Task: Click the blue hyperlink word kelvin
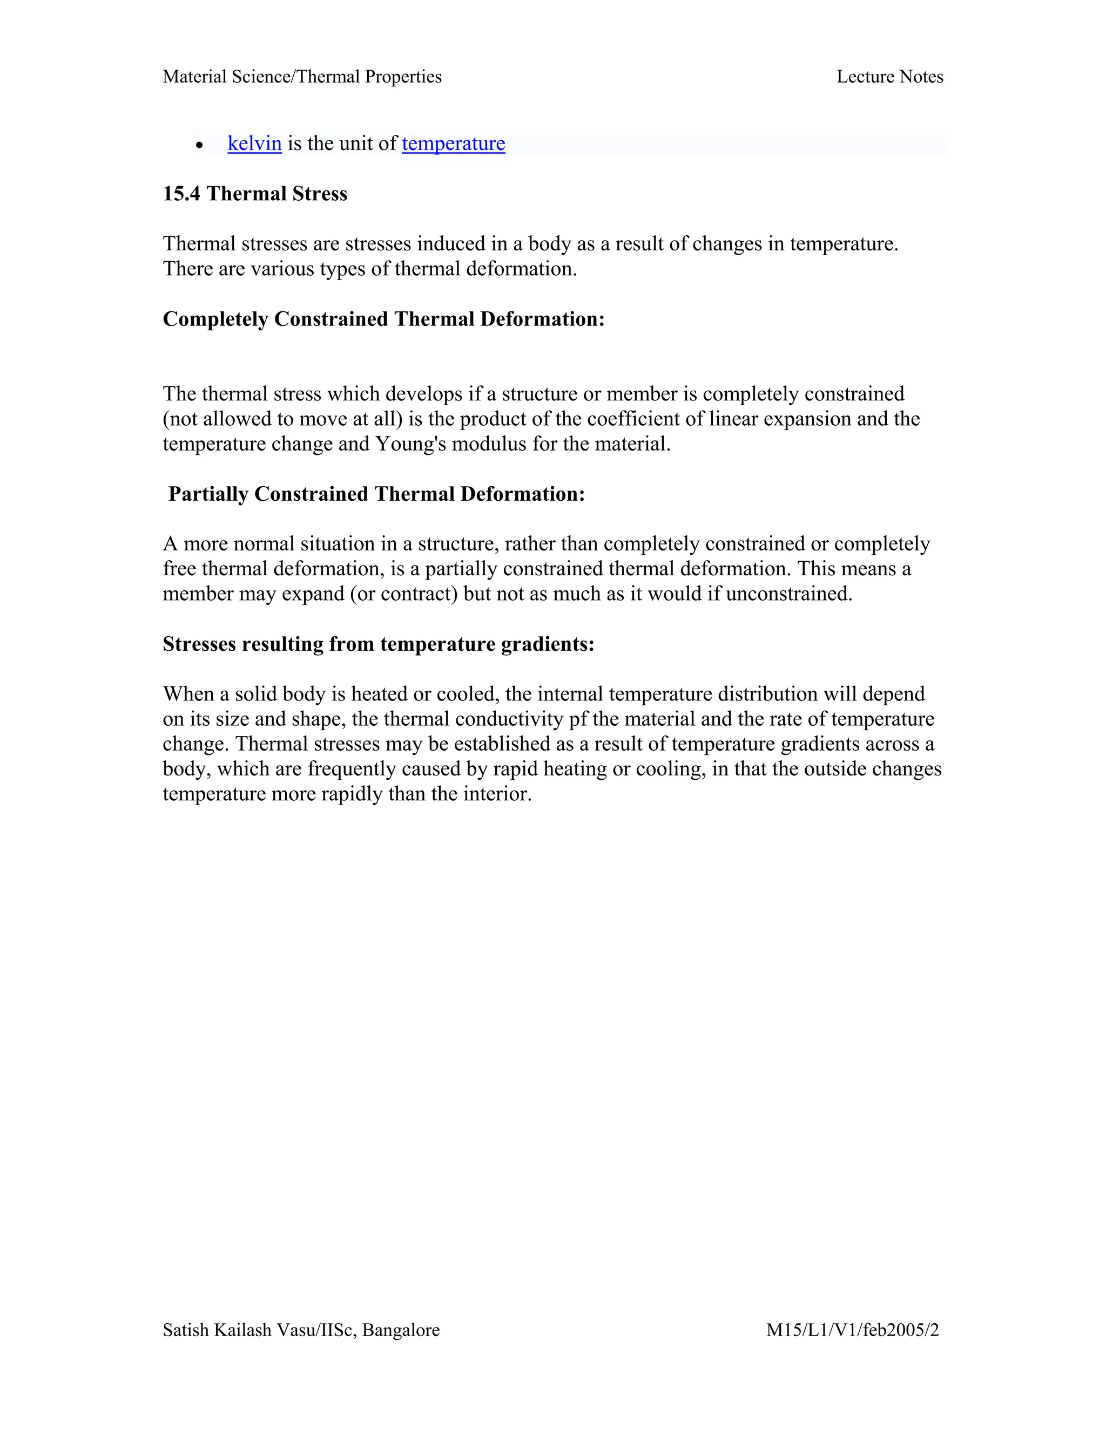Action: point(254,144)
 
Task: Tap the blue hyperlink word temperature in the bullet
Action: point(454,144)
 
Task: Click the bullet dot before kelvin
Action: point(199,145)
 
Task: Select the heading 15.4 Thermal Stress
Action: point(255,194)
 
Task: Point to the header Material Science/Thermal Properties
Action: point(302,77)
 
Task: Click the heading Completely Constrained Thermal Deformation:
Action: point(383,319)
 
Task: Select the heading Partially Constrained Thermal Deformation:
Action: point(377,494)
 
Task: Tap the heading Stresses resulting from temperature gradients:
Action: point(378,644)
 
